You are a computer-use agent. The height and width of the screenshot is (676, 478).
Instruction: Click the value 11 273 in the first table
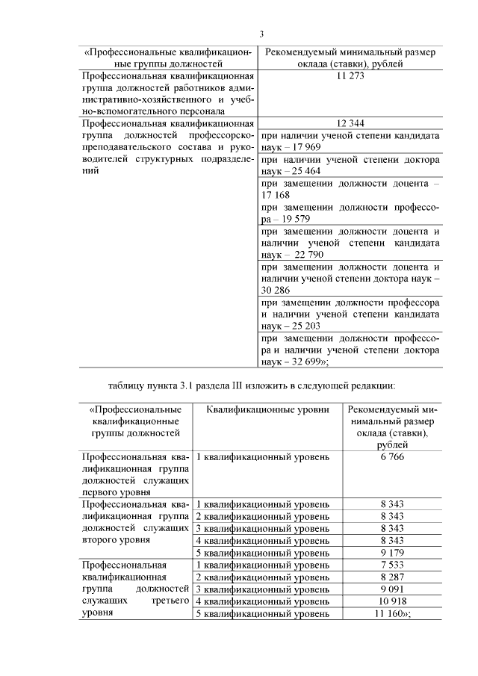coord(350,77)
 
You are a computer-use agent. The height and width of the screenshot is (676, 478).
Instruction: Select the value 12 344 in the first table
coord(350,123)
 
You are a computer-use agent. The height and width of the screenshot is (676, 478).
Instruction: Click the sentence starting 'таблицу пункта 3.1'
coord(251,385)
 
